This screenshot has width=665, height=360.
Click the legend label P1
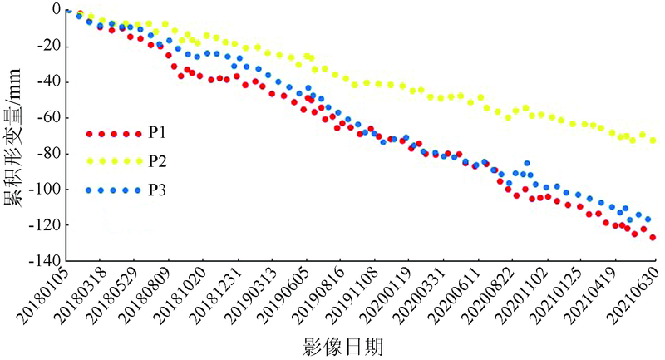pyautogui.click(x=156, y=133)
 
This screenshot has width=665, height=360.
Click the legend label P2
pyautogui.click(x=156, y=160)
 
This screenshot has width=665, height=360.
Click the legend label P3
pyautogui.click(x=156, y=190)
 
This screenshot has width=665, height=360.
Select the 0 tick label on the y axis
pyautogui.click(x=56, y=9)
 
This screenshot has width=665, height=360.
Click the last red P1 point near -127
pyautogui.click(x=653, y=238)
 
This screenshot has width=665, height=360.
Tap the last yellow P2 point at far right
pyautogui.click(x=653, y=141)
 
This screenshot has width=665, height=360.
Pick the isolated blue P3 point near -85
pyautogui.click(x=526, y=163)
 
